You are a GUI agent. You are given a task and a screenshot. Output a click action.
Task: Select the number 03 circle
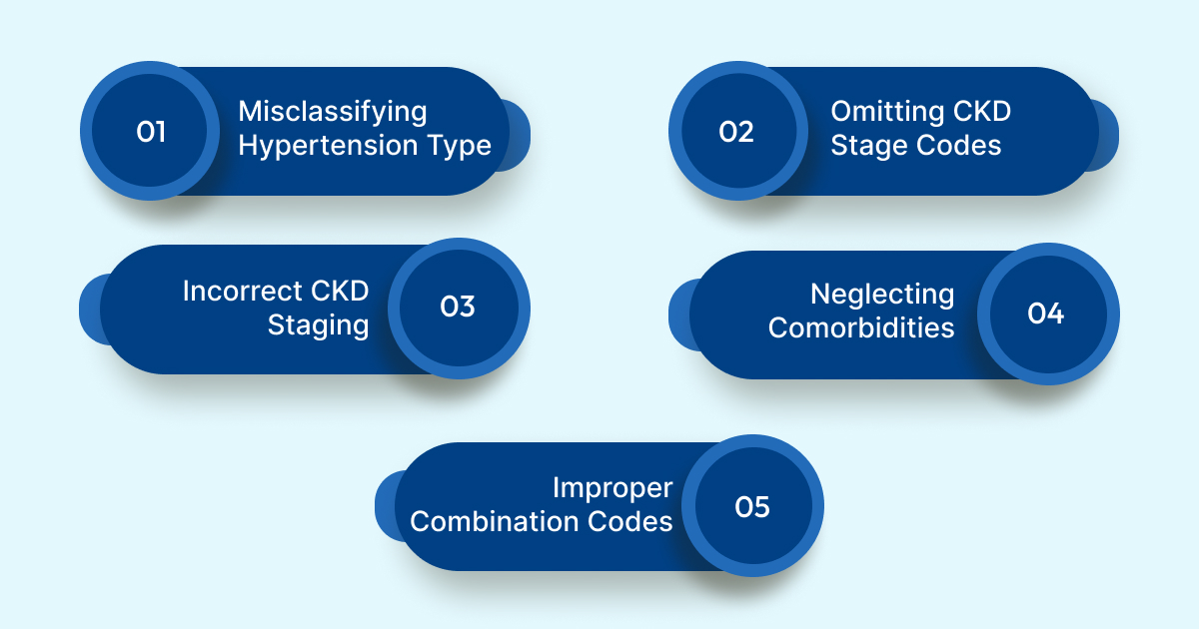click(458, 307)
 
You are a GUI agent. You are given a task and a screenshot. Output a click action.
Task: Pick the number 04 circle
click(1046, 314)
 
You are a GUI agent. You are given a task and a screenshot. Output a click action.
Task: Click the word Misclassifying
click(333, 112)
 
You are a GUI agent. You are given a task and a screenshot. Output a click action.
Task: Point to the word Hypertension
click(329, 146)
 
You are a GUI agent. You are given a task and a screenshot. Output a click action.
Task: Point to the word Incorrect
click(241, 292)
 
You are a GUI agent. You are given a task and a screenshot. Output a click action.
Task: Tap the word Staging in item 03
click(319, 325)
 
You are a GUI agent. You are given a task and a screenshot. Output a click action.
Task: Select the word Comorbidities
click(861, 327)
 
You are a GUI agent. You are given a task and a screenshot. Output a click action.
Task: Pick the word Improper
click(612, 488)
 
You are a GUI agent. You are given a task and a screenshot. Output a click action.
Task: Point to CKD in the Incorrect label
click(336, 292)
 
